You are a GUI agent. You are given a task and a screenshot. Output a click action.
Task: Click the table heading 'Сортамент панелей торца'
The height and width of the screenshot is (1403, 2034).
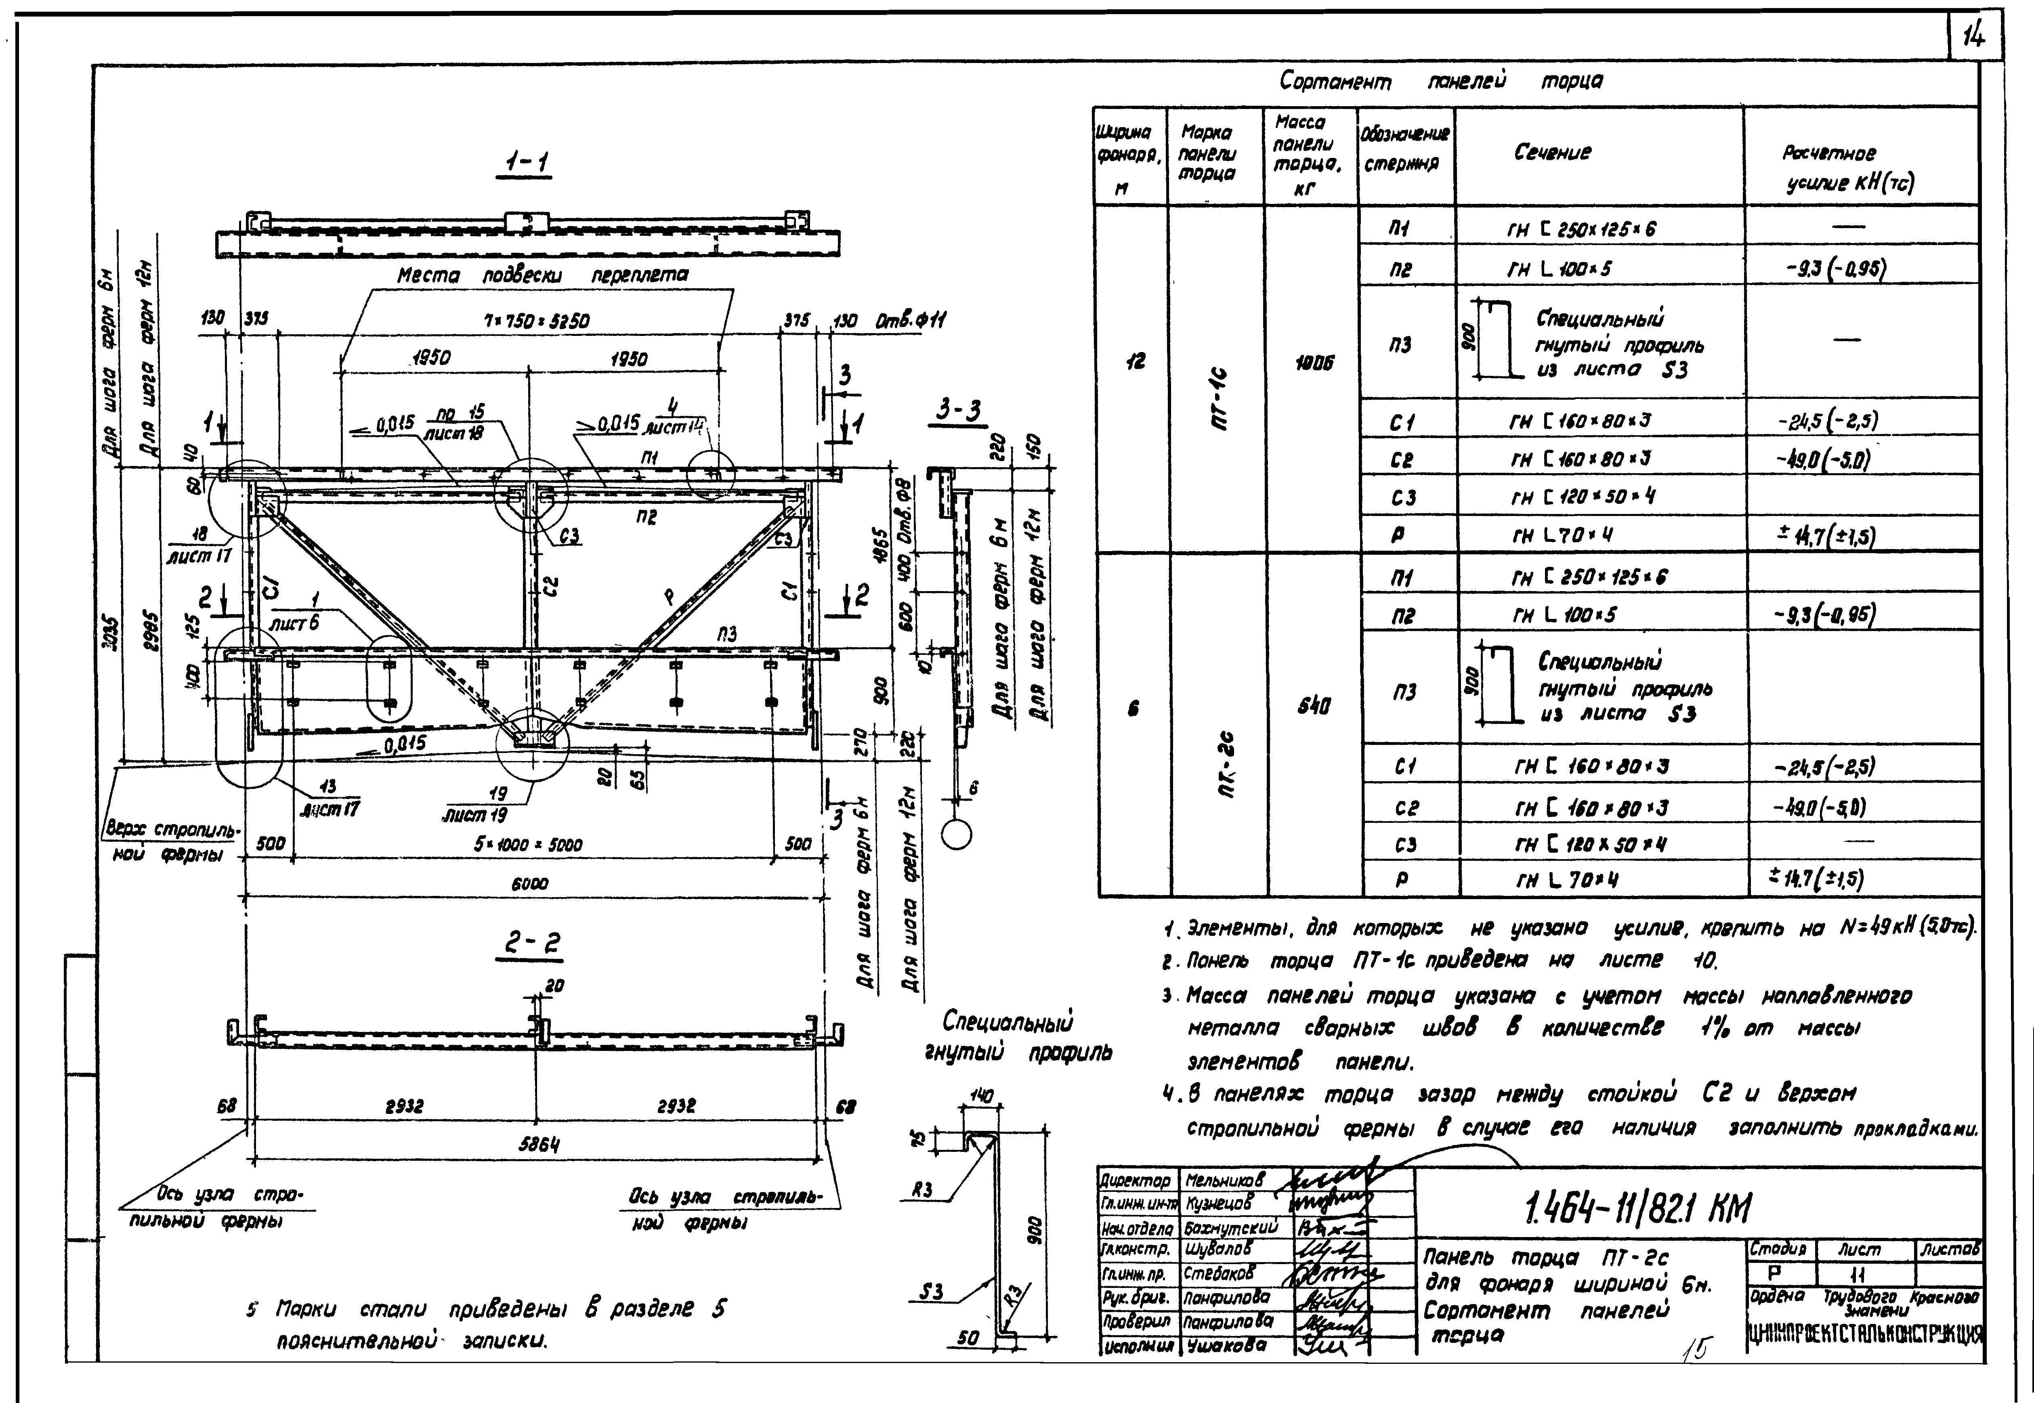tap(1441, 82)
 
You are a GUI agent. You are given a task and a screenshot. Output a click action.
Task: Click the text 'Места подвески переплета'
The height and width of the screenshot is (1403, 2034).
tap(542, 275)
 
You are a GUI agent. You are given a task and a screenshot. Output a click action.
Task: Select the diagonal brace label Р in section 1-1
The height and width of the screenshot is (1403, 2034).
tap(669, 598)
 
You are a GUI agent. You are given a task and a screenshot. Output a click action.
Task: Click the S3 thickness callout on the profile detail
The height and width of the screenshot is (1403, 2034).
tap(932, 1291)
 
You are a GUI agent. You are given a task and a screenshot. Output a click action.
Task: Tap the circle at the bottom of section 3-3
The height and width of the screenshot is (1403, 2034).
tap(956, 835)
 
